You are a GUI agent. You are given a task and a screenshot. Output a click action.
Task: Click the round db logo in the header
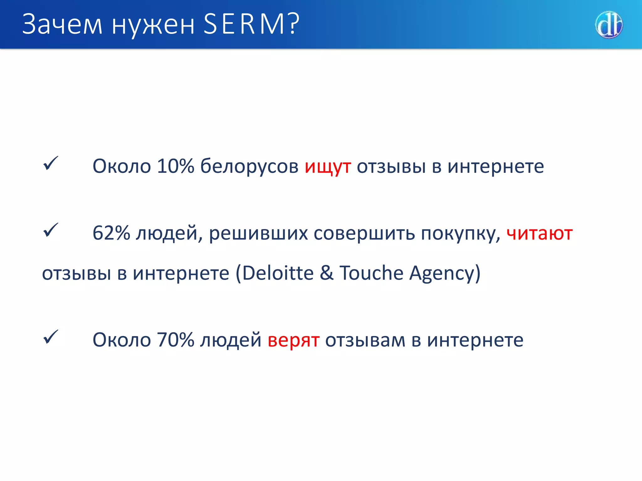(x=609, y=25)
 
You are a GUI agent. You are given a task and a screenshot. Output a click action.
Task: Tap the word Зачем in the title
(x=62, y=24)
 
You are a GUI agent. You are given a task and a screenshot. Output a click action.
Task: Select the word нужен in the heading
(x=153, y=25)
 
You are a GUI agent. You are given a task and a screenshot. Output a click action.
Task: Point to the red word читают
(x=539, y=234)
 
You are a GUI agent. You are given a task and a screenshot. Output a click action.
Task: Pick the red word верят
(x=293, y=340)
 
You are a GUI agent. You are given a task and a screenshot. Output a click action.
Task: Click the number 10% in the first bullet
(x=176, y=166)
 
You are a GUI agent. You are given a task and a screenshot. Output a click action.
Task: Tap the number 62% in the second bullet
(x=111, y=233)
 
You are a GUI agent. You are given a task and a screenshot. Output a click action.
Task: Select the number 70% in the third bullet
(x=176, y=340)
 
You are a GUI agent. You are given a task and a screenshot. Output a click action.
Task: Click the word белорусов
(x=249, y=166)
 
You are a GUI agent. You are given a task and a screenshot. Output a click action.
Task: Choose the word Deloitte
(x=278, y=273)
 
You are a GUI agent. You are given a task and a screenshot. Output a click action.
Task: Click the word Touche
(x=371, y=273)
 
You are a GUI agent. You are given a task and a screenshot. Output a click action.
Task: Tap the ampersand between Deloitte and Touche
(x=327, y=273)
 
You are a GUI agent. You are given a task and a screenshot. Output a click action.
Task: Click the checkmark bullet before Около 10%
(x=50, y=163)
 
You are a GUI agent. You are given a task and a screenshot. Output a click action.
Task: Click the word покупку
(x=460, y=234)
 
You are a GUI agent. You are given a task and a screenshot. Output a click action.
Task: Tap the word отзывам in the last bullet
(x=365, y=340)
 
